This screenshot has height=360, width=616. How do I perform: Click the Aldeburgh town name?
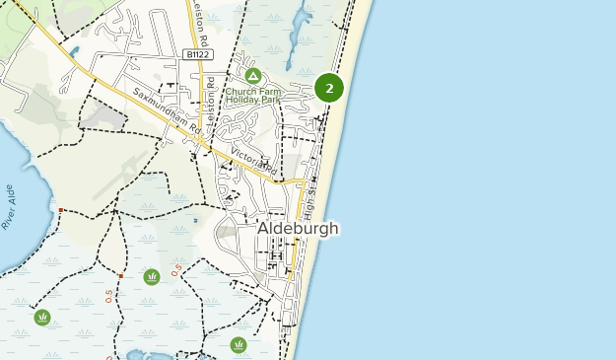298,228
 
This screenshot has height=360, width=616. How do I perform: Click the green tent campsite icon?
253,76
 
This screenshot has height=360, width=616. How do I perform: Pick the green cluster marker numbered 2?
329,88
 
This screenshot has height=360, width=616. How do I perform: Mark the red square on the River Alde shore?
61,210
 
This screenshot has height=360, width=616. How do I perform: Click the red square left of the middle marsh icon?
120,275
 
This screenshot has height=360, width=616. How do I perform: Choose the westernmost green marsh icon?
42,317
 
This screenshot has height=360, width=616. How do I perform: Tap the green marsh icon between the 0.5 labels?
151,277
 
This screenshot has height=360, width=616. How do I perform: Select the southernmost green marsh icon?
238,344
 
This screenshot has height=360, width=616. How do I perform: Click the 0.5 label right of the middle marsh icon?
176,268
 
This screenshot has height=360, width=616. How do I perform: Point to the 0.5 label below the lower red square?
109,297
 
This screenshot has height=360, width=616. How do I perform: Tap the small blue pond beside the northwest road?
74,51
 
